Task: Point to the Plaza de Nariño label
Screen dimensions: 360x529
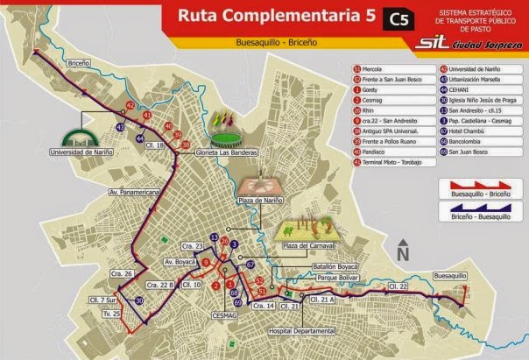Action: click(x=260, y=200)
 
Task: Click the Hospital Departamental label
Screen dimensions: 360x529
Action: click(x=303, y=331)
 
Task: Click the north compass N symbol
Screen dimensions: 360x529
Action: click(x=403, y=251)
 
